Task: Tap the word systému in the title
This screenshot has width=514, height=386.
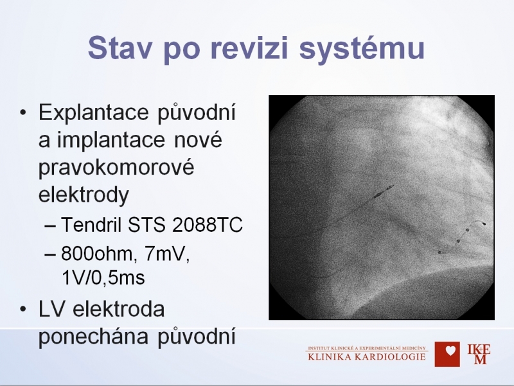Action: (362, 49)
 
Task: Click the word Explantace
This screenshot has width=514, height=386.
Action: (94, 113)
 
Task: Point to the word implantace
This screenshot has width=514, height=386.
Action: (111, 141)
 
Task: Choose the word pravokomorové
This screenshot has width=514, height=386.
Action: (116, 168)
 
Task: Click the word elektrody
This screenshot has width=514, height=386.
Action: (84, 195)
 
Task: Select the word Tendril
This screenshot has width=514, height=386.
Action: (91, 225)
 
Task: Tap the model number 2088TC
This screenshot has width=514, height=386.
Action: (207, 225)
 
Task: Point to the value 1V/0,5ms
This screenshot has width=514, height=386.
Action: (103, 278)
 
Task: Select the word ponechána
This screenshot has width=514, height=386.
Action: (93, 337)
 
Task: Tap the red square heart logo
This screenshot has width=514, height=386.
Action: (447, 354)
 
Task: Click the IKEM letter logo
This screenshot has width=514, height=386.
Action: (479, 354)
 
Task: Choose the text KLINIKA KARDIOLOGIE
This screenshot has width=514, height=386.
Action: (367, 357)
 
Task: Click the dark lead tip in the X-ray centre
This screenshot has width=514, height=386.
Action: (384, 191)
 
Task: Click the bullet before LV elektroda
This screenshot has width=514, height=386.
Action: (22, 310)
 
